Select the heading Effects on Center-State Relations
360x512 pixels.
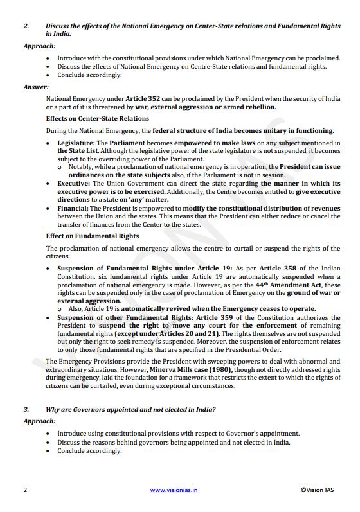pos(97,119)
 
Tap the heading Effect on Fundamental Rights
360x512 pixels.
pos(92,236)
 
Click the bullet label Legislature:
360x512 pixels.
pos(76,143)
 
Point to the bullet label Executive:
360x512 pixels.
pos(74,183)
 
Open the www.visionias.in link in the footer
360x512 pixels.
pos(174,490)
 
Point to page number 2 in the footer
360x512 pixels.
pos(25,490)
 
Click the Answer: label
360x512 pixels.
pos(36,87)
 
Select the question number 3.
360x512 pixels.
pos(26,409)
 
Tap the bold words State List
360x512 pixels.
pos(73,150)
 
